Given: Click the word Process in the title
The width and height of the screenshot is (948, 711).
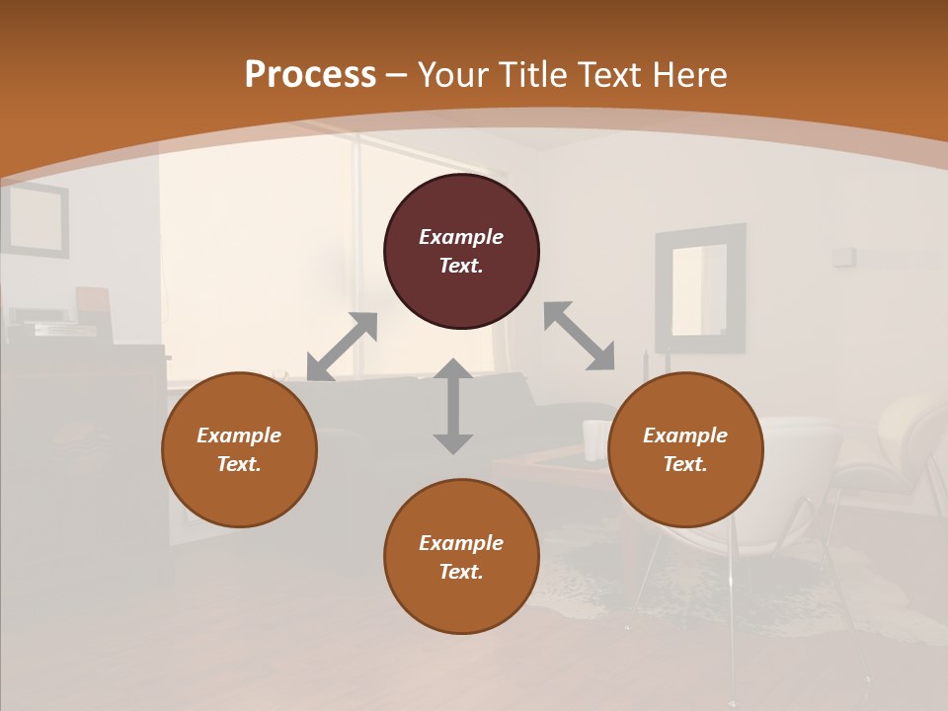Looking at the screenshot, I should (x=310, y=75).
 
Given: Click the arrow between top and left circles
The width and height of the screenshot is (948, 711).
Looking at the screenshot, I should (x=342, y=347).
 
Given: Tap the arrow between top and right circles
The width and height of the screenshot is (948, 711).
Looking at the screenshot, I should (x=580, y=336).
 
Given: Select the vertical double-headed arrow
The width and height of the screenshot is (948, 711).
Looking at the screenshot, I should (x=453, y=406).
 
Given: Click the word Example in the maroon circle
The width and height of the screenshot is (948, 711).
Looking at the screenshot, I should (x=461, y=237).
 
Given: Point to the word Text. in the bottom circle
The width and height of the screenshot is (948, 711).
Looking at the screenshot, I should (x=461, y=572).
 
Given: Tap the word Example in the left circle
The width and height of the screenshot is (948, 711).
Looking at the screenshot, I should (x=239, y=435).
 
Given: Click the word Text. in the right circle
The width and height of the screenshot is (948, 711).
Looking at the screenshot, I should (x=685, y=464).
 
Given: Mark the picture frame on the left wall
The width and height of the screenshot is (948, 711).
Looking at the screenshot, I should (x=36, y=219).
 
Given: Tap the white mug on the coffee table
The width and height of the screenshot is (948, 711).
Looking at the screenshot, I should (x=594, y=439).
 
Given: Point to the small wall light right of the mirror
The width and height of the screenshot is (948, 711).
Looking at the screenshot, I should (x=842, y=257).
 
